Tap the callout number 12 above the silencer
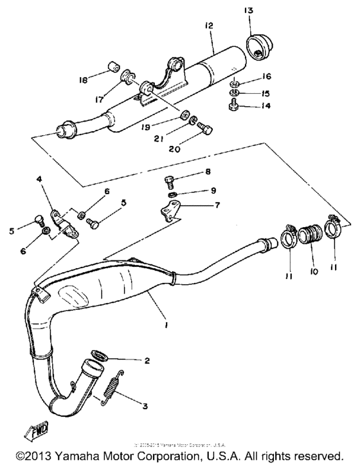coord(208,26)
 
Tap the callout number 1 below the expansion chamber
coord(166,326)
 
